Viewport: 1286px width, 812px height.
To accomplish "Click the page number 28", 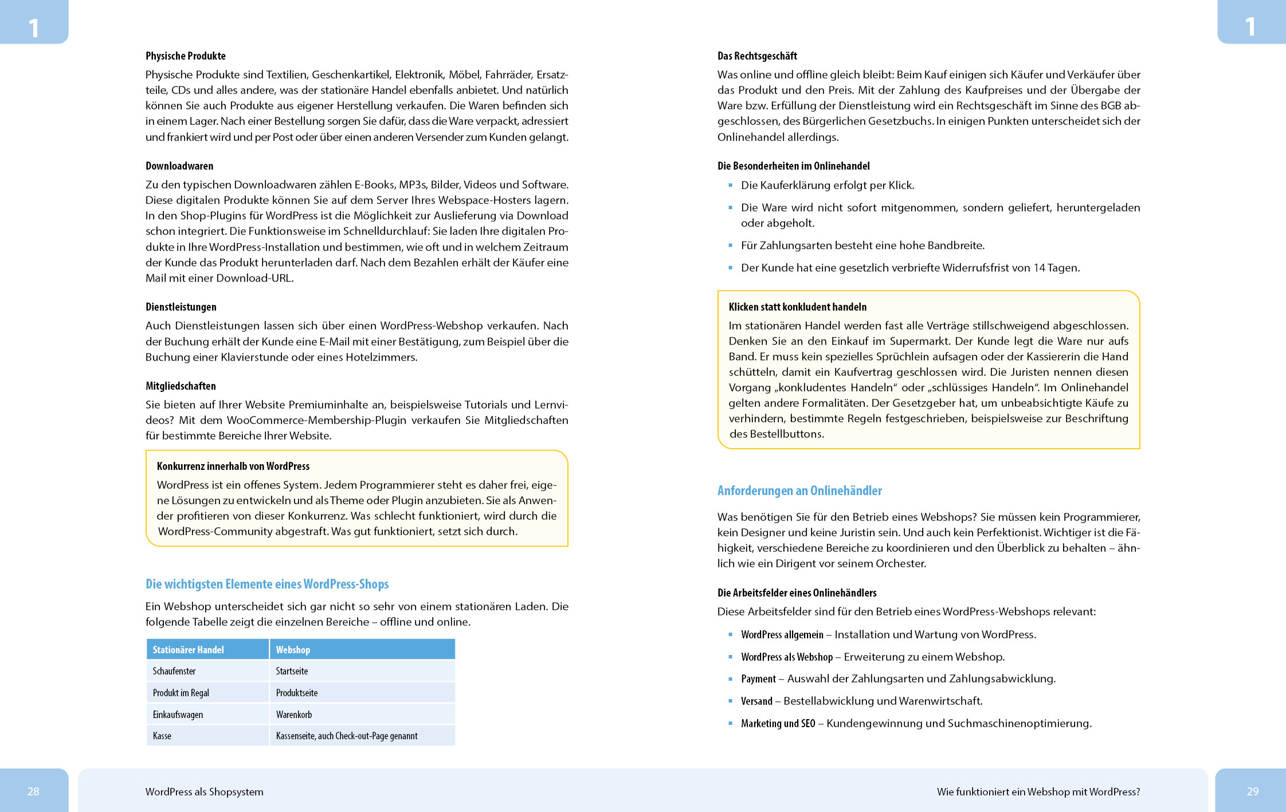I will pyautogui.click(x=33, y=791).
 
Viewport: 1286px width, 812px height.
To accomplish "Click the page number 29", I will pyautogui.click(x=1252, y=791).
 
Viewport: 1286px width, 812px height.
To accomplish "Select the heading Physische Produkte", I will pyautogui.click(x=185, y=56).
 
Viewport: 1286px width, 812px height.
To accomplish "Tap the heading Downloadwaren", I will pyautogui.click(x=179, y=166).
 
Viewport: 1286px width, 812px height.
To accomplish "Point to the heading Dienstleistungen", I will pyautogui.click(x=181, y=307).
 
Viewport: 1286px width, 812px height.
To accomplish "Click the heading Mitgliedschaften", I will pyautogui.click(x=181, y=386).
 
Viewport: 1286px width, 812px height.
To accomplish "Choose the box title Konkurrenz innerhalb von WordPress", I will pyautogui.click(x=233, y=466).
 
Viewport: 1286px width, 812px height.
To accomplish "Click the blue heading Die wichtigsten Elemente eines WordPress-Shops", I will pyautogui.click(x=266, y=584).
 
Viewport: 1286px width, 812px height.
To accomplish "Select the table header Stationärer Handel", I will pyautogui.click(x=188, y=650).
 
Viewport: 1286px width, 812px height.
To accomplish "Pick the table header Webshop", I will pyautogui.click(x=293, y=650).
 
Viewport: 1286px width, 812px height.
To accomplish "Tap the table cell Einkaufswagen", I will pyautogui.click(x=178, y=715).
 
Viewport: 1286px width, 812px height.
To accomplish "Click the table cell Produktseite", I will pyautogui.click(x=296, y=693).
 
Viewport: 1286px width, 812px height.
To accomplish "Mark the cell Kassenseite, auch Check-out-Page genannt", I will pyautogui.click(x=346, y=736).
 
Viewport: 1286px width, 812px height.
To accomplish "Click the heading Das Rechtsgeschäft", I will pyautogui.click(x=757, y=56).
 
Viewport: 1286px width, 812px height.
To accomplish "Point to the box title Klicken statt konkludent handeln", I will pyautogui.click(x=797, y=307).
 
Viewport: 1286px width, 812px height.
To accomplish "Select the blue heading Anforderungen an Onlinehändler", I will pyautogui.click(x=799, y=491).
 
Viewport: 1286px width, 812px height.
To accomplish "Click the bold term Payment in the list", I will pyautogui.click(x=758, y=679).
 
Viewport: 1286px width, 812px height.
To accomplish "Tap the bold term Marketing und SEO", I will pyautogui.click(x=778, y=724).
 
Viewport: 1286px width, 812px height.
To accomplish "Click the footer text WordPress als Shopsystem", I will pyautogui.click(x=204, y=792).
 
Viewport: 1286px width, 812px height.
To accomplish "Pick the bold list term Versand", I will pyautogui.click(x=756, y=701).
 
